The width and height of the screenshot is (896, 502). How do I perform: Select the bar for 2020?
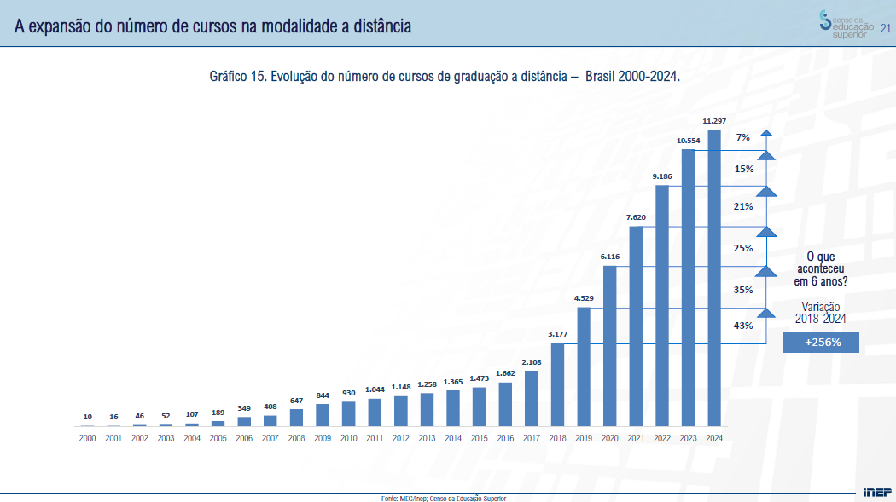(x=610, y=346)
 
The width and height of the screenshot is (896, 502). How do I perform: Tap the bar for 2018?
(x=558, y=384)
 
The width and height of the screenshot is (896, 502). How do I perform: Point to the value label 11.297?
(x=714, y=121)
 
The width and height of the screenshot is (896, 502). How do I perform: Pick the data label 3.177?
(x=558, y=334)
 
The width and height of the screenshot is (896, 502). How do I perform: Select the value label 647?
(x=296, y=401)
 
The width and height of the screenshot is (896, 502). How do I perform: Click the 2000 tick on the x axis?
(x=87, y=438)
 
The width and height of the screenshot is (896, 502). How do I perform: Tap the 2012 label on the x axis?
(x=400, y=438)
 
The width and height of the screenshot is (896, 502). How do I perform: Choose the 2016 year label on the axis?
(x=505, y=438)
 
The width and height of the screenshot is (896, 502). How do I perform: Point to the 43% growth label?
(x=743, y=326)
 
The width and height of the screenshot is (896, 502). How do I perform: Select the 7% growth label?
(x=743, y=137)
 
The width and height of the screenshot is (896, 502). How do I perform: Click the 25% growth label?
(x=743, y=248)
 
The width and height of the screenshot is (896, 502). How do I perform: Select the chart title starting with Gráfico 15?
(x=444, y=77)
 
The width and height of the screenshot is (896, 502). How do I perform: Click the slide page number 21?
(x=885, y=27)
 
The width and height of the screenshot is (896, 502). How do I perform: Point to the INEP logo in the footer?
(x=876, y=492)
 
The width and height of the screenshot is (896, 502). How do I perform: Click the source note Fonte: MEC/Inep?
(x=443, y=498)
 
